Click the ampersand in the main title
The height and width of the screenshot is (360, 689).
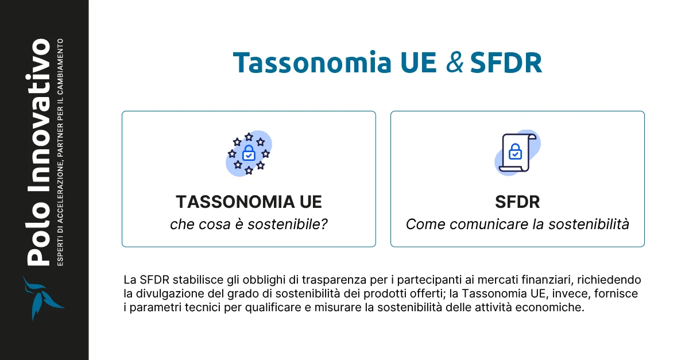pos(455,64)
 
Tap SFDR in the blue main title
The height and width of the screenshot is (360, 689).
pos(505,64)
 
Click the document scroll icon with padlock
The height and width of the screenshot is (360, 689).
pos(516,153)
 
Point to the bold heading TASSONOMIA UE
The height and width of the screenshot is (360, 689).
pos(249,202)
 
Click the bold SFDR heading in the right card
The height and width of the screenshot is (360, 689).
pos(517,202)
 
